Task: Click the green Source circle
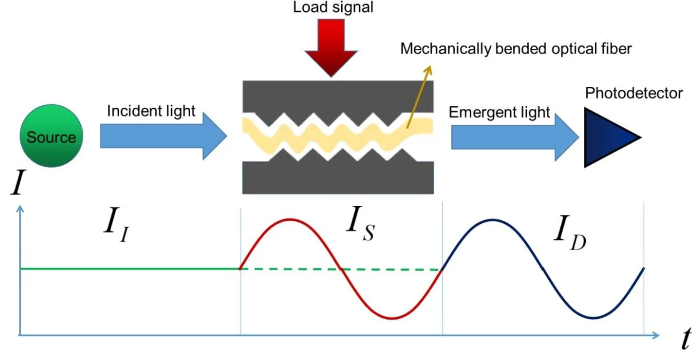click(51, 137)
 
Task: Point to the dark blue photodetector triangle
click(607, 137)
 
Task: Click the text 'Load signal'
click(333, 8)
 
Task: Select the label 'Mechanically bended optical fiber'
click(516, 48)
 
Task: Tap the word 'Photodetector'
click(634, 93)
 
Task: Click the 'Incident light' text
click(151, 111)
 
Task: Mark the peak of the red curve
click(290, 220)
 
